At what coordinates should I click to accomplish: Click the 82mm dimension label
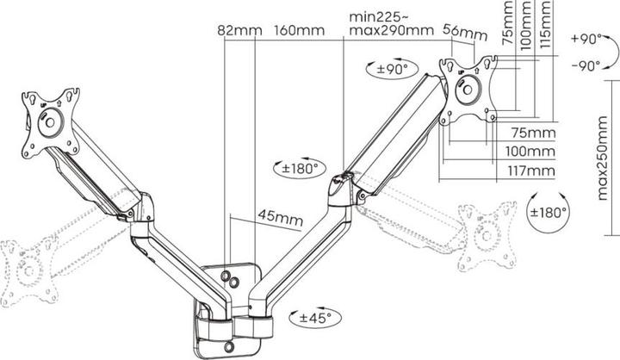(x=239, y=31)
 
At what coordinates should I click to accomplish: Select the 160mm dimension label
(x=300, y=31)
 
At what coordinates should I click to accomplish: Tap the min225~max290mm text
(x=391, y=24)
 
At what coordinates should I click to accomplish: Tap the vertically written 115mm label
(x=546, y=23)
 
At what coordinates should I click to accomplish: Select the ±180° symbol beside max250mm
(x=548, y=212)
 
